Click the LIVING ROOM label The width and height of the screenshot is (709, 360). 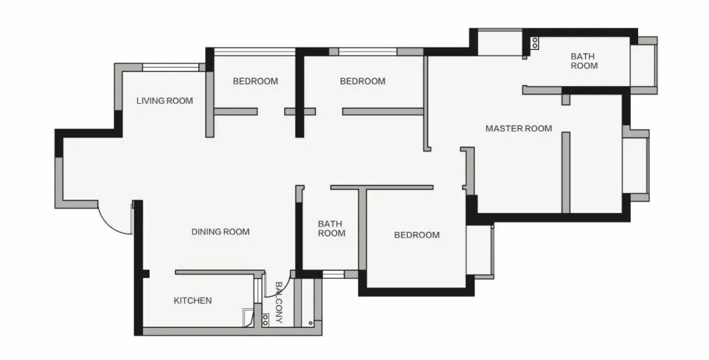click(165, 101)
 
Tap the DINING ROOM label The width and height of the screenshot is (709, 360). click(220, 232)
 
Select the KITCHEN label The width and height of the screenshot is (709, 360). click(192, 300)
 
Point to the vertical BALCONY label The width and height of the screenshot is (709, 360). click(278, 303)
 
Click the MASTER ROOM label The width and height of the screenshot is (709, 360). click(519, 129)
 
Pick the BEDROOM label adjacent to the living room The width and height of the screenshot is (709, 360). click(255, 81)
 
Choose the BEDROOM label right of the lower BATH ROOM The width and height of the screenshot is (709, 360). click(416, 235)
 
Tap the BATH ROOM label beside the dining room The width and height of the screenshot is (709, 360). click(332, 229)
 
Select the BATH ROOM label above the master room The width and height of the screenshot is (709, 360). click(584, 61)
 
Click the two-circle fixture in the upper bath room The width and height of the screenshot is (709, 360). click(535, 43)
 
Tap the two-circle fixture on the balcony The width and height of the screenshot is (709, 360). click(265, 320)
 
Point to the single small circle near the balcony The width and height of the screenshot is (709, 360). click(311, 323)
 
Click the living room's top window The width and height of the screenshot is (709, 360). click(171, 68)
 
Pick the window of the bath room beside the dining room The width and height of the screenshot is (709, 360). click(333, 274)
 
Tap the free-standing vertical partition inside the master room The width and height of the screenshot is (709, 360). click(566, 172)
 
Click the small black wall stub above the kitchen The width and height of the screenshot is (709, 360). click(146, 274)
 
